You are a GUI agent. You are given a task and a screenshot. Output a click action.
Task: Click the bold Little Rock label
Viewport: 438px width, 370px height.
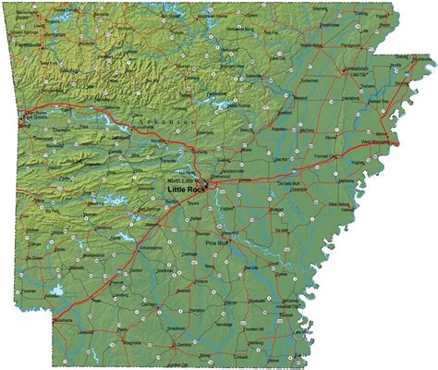[186, 189]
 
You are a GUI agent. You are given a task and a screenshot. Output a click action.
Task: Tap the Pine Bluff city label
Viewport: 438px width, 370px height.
[217, 242]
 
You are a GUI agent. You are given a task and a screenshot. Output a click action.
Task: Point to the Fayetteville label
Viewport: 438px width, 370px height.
[30, 43]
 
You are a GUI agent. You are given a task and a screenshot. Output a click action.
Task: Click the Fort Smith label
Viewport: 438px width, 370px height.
[35, 117]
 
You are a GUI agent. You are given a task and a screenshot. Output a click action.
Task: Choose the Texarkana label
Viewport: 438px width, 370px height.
[63, 319]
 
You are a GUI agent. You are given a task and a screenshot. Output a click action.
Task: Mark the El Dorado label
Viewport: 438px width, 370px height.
[184, 344]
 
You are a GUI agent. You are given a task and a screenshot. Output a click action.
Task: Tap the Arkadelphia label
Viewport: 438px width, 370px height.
[152, 248]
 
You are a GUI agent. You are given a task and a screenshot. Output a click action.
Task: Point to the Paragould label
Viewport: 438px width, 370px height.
[352, 43]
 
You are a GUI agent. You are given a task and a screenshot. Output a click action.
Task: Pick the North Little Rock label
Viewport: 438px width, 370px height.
[185, 179]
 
